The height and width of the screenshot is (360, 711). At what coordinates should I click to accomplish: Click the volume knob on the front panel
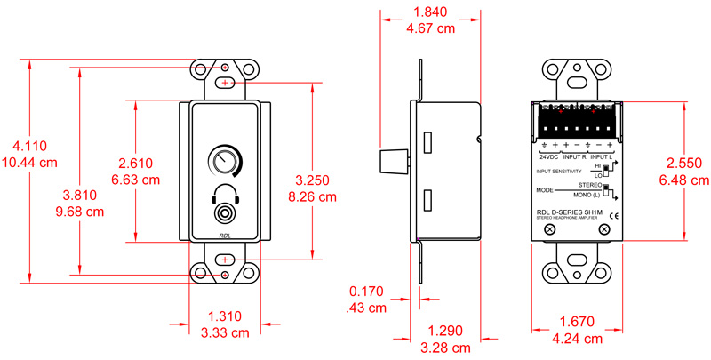[224, 162]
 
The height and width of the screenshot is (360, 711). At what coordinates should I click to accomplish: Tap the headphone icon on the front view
[224, 193]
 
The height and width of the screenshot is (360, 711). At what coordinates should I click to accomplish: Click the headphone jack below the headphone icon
[224, 213]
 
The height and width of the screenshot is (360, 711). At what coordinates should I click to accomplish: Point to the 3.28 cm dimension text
[451, 344]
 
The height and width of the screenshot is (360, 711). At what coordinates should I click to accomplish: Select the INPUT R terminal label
[576, 156]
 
